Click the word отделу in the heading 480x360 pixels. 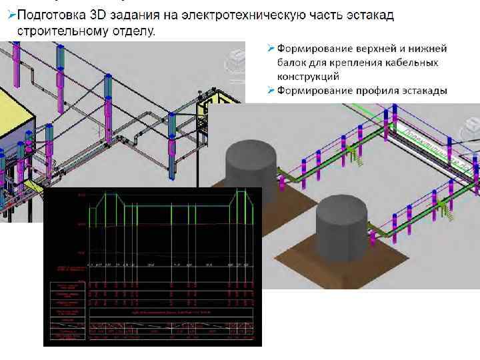pyautogui.click(x=133, y=31)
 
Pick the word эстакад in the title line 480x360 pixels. pyautogui.click(x=371, y=15)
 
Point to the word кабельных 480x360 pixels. pyautogui.click(x=412, y=63)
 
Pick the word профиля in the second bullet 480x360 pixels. pyautogui.click(x=375, y=91)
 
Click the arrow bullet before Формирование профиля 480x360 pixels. pyautogui.click(x=271, y=91)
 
